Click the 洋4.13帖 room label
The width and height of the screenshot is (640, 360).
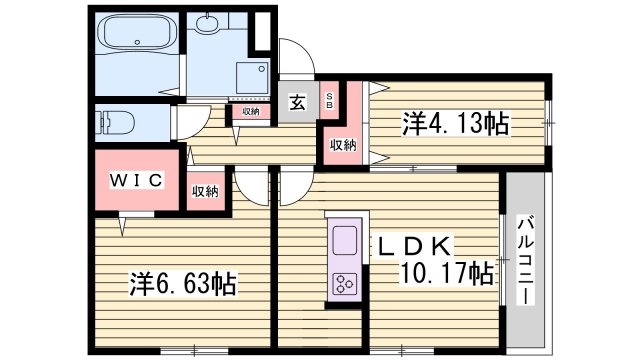click(x=457, y=124)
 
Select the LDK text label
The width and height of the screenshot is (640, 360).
click(x=414, y=246)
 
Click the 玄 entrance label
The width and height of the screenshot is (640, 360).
click(x=298, y=101)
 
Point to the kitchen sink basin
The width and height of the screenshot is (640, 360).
click(x=345, y=241)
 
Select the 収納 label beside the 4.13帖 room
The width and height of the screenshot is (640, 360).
click(x=343, y=146)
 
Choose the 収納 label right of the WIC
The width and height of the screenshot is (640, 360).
click(x=205, y=190)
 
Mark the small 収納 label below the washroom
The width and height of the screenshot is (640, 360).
click(x=250, y=111)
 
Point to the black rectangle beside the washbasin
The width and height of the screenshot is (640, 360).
click(x=262, y=31)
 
